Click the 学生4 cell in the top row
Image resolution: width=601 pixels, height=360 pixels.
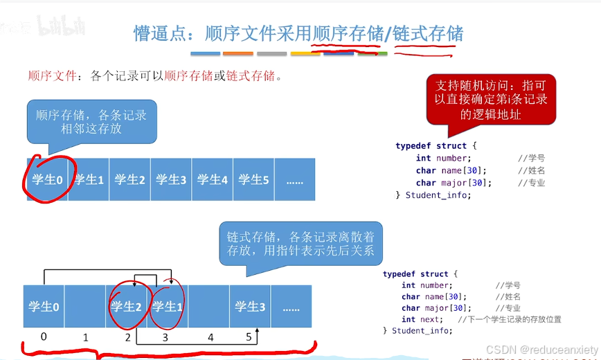tap(213, 179)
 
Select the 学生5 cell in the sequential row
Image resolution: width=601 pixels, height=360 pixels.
tap(253, 179)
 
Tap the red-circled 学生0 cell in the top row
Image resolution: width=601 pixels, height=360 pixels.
tap(48, 179)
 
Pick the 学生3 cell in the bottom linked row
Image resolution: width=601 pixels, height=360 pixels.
tap(250, 306)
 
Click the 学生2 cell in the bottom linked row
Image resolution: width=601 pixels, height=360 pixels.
tap(126, 306)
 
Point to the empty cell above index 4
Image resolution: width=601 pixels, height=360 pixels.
tap(208, 306)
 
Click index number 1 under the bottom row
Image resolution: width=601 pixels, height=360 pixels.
tap(86, 338)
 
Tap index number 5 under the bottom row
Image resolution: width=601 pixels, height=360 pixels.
tap(249, 338)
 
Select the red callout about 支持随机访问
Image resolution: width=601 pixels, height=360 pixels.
tap(491, 100)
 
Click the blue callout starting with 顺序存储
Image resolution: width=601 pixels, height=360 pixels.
tap(91, 122)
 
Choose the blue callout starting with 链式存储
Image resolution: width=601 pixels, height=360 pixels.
tap(300, 242)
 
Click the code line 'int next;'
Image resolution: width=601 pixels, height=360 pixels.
tap(421, 319)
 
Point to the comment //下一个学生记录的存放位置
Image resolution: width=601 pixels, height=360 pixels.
tap(510, 319)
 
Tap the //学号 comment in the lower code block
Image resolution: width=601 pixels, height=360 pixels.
tap(508, 285)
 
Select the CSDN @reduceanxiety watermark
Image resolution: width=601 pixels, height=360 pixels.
tap(541, 350)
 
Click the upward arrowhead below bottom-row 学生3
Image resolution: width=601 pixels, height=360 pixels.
tap(257, 332)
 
